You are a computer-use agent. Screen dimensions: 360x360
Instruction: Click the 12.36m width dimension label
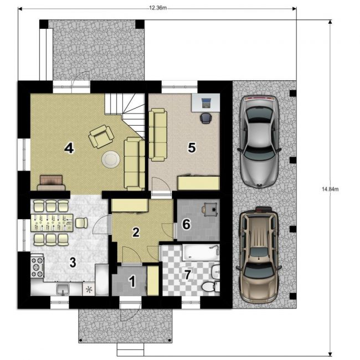pos(158,8)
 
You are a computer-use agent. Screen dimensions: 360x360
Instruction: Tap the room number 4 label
pos(69,148)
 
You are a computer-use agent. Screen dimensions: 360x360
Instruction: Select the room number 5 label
pos(192,147)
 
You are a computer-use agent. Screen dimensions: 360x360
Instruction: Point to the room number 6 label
pos(186,224)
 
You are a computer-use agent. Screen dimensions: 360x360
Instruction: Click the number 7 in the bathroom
pos(188,275)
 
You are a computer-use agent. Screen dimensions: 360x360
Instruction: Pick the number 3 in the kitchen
pos(73,262)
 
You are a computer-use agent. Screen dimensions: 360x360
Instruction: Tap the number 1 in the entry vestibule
pos(132,281)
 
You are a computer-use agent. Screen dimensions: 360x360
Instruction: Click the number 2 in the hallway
pos(136,232)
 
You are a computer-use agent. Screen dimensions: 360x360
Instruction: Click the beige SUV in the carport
pos(259,255)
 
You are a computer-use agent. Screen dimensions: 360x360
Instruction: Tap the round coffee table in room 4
pos(111,159)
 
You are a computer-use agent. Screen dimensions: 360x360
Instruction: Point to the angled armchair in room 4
pos(101,136)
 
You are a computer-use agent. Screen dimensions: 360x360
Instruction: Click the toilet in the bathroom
pos(210,287)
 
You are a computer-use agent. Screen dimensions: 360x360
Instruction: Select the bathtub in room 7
pos(201,253)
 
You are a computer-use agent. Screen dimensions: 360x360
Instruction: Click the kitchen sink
pos(63,289)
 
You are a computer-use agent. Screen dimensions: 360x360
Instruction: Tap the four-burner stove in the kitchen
pos(37,267)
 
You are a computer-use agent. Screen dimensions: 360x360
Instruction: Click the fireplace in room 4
pos(51,183)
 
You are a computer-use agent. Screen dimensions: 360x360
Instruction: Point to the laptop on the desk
pos(206,102)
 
